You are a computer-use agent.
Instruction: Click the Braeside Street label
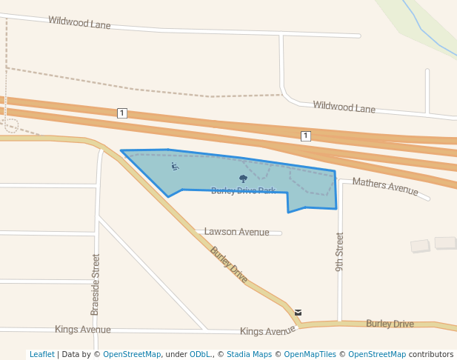[95, 284]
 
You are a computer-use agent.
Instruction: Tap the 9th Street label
[340, 252]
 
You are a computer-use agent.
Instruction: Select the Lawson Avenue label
[236, 232]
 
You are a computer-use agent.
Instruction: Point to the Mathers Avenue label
[385, 186]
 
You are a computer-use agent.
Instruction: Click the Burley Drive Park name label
[243, 191]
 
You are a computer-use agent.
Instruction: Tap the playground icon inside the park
[175, 166]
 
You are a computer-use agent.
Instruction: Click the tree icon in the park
[243, 179]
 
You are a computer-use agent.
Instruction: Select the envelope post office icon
[298, 312]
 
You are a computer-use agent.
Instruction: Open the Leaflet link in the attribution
[41, 354]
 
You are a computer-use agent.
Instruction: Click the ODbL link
[200, 354]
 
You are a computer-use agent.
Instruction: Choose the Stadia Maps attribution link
[248, 354]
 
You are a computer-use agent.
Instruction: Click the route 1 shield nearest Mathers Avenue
[305, 136]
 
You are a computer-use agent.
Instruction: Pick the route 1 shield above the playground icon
[122, 113]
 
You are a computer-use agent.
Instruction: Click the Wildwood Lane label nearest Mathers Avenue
[344, 107]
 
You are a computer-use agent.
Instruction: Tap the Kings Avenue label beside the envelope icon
[267, 331]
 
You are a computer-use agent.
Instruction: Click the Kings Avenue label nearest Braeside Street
[82, 329]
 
